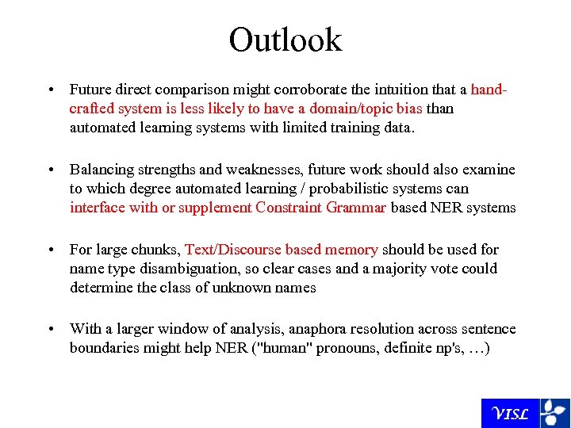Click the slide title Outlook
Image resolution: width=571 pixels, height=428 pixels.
285,40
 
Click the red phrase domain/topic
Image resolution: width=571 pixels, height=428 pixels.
347,109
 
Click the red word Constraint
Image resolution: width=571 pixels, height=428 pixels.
289,208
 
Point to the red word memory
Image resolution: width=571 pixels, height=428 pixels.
351,250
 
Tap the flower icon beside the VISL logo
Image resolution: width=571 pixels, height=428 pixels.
554,413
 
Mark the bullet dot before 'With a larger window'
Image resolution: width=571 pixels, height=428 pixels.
50,329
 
